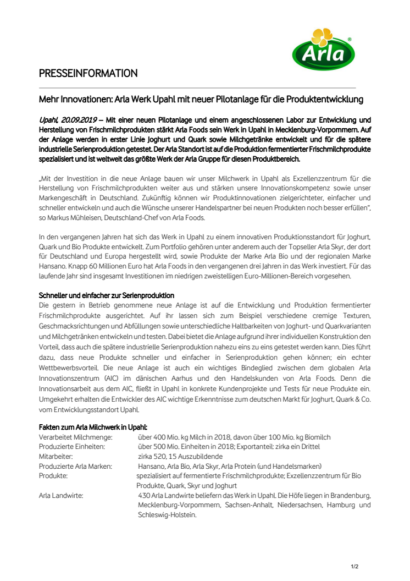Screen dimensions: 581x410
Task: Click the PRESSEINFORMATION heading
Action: point(88,73)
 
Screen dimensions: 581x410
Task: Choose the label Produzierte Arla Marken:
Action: point(75,466)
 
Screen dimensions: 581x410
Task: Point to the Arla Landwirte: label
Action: point(61,496)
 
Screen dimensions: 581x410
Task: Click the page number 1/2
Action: point(354,566)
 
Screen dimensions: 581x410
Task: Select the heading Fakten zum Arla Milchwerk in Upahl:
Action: point(92,427)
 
